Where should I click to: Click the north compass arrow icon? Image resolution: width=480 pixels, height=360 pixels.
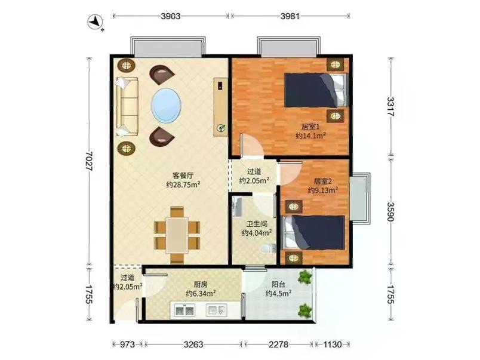(x=96, y=22)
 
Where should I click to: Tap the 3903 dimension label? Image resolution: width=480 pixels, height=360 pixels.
(x=171, y=16)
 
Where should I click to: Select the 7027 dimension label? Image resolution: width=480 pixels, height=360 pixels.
(x=90, y=161)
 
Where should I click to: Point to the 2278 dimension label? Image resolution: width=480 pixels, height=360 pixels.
(x=279, y=344)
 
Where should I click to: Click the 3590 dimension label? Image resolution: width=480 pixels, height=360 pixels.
(x=391, y=212)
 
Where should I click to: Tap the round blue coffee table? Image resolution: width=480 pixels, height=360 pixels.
(x=166, y=105)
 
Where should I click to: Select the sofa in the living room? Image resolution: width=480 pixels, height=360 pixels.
(x=127, y=106)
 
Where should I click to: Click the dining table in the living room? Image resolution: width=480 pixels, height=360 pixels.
(x=177, y=235)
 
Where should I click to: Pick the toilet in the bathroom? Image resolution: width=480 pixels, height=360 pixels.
(x=268, y=248)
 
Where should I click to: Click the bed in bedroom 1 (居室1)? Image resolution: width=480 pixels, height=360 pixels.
(x=316, y=90)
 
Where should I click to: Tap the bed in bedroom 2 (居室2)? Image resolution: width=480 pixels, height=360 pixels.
(x=315, y=232)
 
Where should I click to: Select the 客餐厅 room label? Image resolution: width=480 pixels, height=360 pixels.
(x=183, y=176)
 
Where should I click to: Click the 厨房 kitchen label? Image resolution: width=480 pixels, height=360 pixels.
(x=201, y=284)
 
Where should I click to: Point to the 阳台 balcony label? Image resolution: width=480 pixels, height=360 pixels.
(x=278, y=284)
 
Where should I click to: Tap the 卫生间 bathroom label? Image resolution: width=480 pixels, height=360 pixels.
(x=257, y=224)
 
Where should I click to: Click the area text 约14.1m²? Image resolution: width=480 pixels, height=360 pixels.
(x=310, y=136)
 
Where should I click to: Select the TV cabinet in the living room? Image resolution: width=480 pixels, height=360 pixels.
(x=220, y=106)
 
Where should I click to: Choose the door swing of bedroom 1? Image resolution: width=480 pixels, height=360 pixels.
(x=252, y=146)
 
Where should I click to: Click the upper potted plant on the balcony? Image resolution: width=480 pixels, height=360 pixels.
(x=305, y=278)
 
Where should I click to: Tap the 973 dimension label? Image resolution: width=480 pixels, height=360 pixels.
(x=127, y=344)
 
